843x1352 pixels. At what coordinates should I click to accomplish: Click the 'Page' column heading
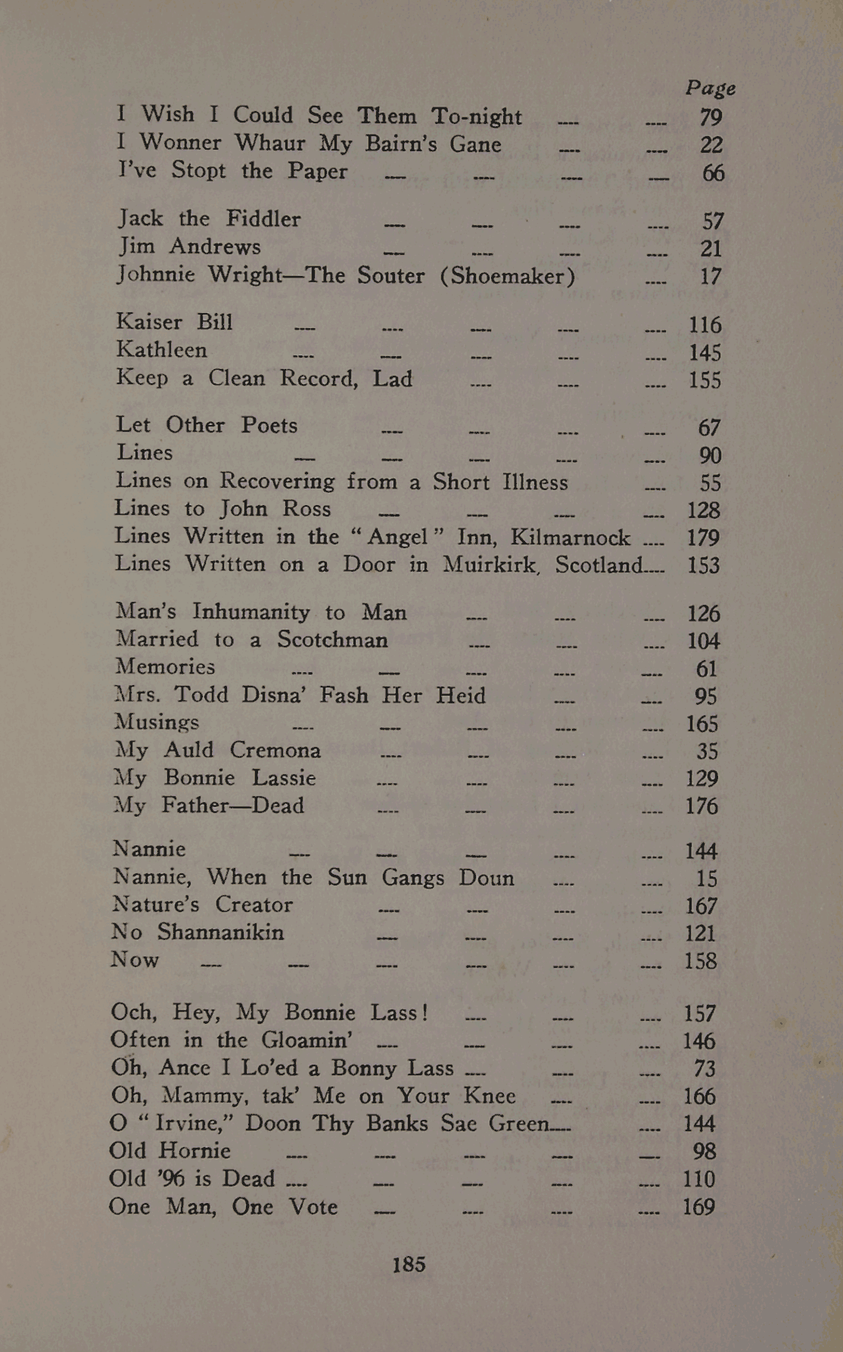click(711, 88)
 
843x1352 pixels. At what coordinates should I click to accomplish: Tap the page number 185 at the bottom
click(409, 1264)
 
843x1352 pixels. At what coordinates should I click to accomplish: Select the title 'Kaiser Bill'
click(175, 322)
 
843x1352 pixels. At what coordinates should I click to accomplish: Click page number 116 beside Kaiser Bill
click(705, 325)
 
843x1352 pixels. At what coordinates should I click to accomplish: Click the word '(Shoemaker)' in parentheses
click(508, 275)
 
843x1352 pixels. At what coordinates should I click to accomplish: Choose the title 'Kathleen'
click(162, 350)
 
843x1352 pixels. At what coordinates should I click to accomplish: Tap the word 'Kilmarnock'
click(571, 538)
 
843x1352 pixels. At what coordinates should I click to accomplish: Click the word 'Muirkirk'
click(493, 565)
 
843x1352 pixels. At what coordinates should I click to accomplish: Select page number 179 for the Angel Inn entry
click(703, 538)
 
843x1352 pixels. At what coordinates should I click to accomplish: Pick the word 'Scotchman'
click(332, 640)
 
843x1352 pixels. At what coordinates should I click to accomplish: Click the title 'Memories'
click(166, 667)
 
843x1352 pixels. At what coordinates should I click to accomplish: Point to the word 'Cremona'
click(275, 750)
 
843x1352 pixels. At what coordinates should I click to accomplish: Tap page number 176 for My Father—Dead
click(701, 806)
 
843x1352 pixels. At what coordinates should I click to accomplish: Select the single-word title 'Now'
click(135, 960)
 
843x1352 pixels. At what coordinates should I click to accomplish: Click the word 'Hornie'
click(194, 1151)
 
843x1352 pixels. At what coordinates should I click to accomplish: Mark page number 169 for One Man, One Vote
click(698, 1207)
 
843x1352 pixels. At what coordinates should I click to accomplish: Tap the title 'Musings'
click(157, 723)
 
